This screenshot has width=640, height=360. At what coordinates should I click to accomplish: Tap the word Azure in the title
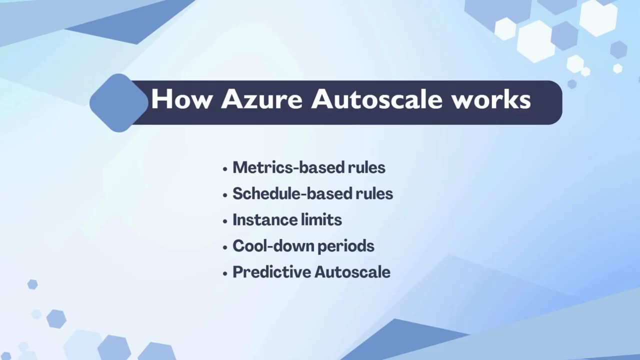pos(261,99)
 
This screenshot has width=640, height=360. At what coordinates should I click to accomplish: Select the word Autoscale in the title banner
pos(376,99)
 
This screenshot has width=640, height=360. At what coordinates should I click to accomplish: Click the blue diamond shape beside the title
pos(118,102)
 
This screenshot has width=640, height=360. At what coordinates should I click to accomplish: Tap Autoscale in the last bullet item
pos(352,272)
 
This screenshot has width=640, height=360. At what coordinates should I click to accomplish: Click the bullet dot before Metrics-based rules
pos(225,168)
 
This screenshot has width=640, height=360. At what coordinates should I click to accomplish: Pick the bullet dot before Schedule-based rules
pos(225,194)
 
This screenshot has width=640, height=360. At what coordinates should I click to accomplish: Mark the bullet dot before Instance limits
pos(225,220)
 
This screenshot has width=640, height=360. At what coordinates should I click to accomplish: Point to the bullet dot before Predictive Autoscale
pos(225,273)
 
